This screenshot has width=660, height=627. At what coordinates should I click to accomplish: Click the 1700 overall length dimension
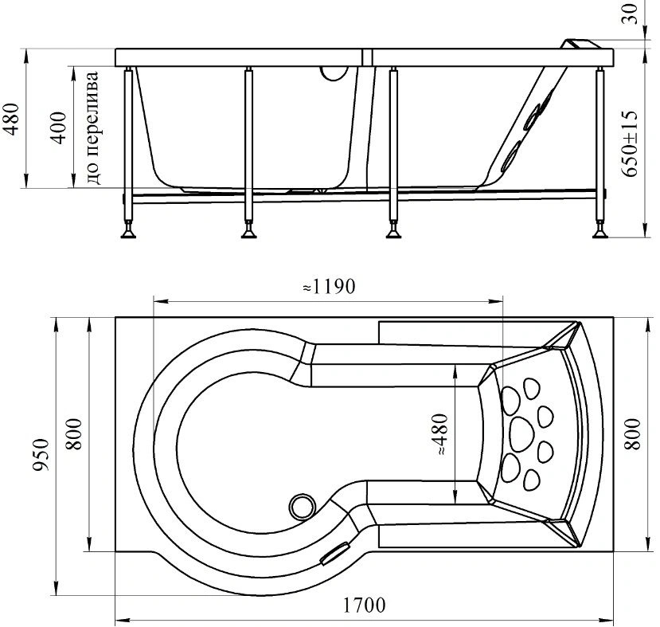coord(364,605)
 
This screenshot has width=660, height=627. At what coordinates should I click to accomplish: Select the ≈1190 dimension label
coord(329,287)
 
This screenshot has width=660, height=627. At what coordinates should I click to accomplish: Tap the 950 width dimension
coord(41,455)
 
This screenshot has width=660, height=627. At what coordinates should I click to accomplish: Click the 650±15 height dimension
coord(630,143)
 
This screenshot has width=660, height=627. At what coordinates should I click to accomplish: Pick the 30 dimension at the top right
coord(630,14)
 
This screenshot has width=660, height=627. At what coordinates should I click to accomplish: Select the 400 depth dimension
coord(58,127)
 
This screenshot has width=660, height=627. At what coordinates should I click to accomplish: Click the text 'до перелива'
coord(93,127)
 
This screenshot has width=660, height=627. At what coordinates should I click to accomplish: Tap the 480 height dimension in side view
coord(12,119)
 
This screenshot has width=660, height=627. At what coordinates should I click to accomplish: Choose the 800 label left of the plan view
coord(74,434)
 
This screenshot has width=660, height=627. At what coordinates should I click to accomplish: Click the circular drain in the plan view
coord(302,506)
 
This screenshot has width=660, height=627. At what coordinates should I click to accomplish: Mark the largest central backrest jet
coord(521,434)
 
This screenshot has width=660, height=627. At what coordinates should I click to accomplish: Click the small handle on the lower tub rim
coord(335,553)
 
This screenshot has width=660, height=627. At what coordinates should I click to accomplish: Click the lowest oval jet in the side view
coord(510,156)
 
